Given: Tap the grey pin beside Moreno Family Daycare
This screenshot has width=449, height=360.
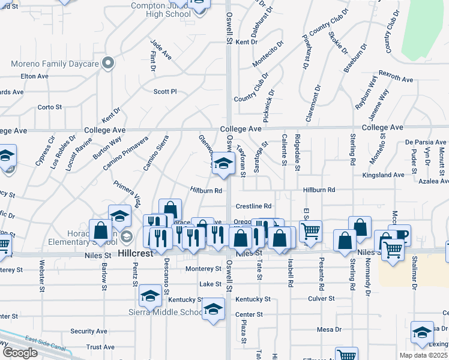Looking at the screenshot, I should (x=108, y=62).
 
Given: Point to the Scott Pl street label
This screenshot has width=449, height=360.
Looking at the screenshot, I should (x=165, y=92).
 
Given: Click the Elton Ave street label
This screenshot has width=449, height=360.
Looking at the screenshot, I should (x=34, y=76).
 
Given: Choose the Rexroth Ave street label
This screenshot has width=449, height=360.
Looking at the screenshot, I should (x=396, y=79).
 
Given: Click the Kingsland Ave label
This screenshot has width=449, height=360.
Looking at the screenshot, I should (x=384, y=175).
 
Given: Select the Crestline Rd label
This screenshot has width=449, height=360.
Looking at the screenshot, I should (x=254, y=206).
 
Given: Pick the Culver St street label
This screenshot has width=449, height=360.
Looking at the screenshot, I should (x=321, y=298).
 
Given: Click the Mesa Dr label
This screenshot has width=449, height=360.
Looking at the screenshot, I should (x=329, y=329).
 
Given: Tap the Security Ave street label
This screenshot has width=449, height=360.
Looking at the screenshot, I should (x=88, y=331).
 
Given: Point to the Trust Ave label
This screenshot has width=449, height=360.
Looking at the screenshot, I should (x=100, y=347).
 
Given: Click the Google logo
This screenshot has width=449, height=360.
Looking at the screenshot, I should (x=20, y=353).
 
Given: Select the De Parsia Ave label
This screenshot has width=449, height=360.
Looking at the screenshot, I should (x=426, y=142).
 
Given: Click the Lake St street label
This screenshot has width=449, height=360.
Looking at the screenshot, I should (x=211, y=284).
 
